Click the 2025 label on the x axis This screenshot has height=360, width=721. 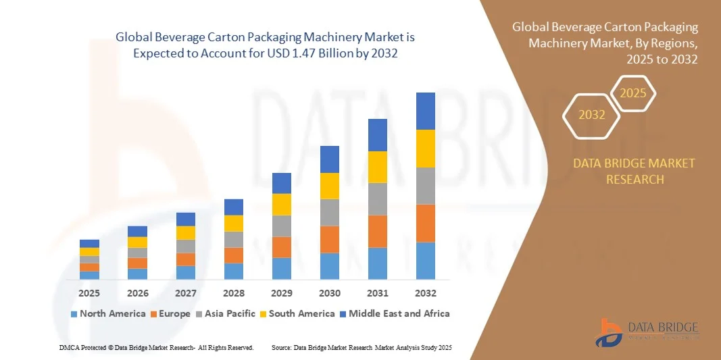pos(89,293)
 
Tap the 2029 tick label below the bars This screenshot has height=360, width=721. pos(281,293)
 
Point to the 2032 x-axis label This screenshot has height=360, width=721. pos(426,293)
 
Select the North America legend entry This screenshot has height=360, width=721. pos(108,313)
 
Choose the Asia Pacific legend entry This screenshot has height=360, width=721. pos(226,313)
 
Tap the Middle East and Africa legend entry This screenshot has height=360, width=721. pos(395,313)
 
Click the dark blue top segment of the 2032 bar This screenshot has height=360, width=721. pos(426,111)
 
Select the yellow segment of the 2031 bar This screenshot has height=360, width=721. pos(378,167)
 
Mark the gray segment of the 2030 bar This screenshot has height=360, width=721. pos(330,212)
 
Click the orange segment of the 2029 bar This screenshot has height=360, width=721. pos(281,247)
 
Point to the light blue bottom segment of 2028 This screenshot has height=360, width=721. pos(233,271)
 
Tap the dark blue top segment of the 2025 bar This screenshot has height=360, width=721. pos(89,243)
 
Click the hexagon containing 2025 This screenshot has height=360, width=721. pos(633,93)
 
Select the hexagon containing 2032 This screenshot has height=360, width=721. pos(592,115)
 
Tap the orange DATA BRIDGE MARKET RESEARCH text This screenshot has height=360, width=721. pos(634,172)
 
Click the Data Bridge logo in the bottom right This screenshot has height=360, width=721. pos(646,331)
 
